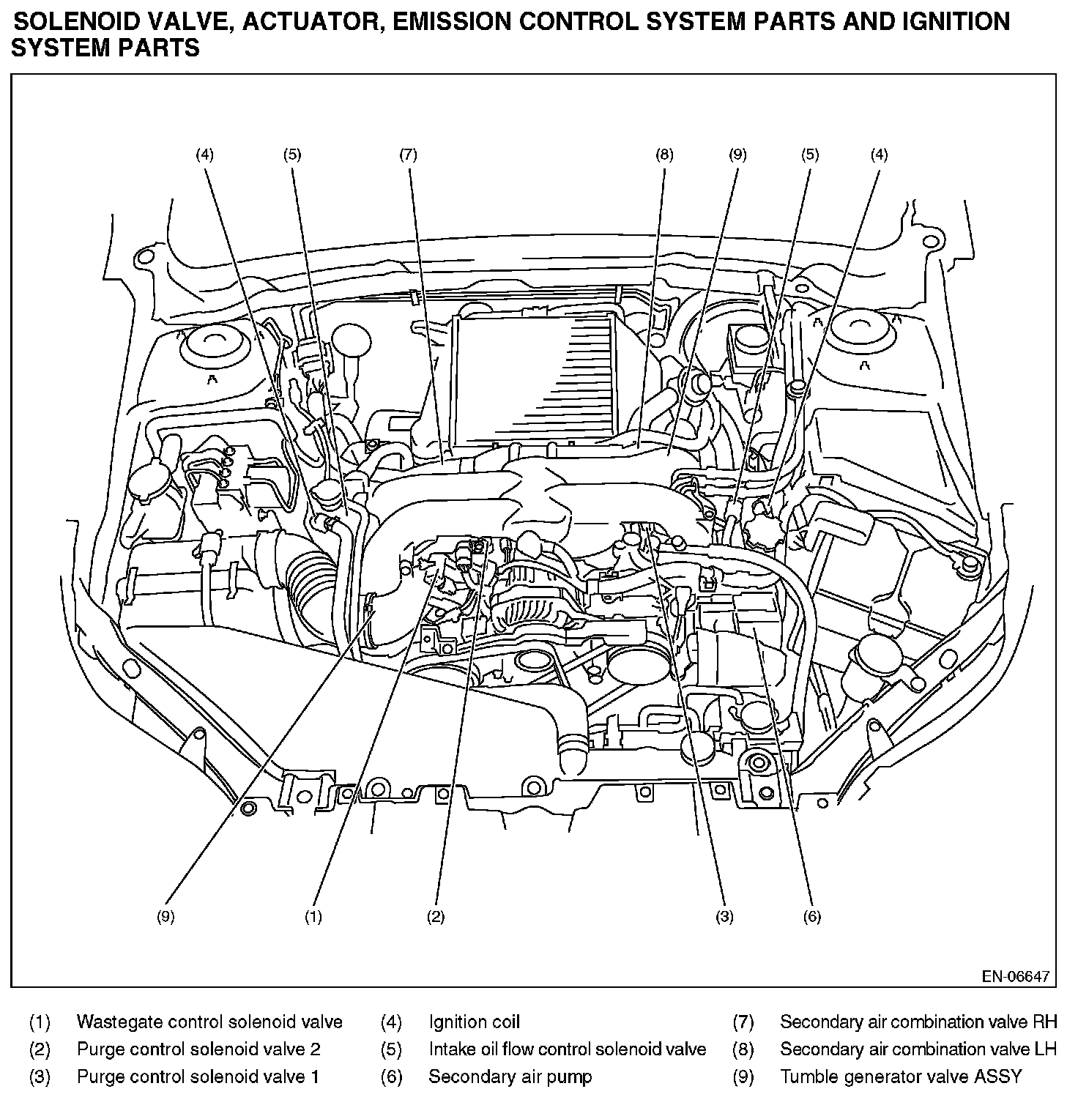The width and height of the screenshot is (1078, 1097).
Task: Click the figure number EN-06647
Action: point(1016,976)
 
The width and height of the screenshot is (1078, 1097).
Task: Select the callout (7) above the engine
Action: point(408,155)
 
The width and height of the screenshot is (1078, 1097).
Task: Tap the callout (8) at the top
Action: point(664,155)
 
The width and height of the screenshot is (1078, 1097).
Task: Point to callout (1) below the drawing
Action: point(313,917)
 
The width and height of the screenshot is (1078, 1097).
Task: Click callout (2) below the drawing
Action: point(436,917)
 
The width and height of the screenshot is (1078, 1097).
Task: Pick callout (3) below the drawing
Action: point(724,917)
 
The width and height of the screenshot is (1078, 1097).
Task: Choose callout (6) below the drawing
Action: point(811,917)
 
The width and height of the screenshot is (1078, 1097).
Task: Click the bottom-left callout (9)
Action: point(166,917)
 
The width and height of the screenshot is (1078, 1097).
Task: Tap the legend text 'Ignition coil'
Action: point(474,1022)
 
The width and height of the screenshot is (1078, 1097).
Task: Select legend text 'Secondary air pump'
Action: point(510,1076)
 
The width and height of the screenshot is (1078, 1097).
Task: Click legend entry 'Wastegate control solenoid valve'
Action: point(209,1022)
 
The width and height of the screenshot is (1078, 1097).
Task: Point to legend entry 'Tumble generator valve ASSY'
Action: point(900,1076)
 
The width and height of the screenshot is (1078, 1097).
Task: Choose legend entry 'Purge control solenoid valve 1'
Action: point(198,1076)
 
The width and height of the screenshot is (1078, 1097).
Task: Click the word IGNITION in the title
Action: point(954,21)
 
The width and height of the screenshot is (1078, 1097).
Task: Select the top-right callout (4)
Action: point(879,155)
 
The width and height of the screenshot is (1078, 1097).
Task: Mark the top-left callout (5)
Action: point(292,155)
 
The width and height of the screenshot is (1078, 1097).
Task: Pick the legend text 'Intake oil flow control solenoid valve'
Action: point(567,1049)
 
